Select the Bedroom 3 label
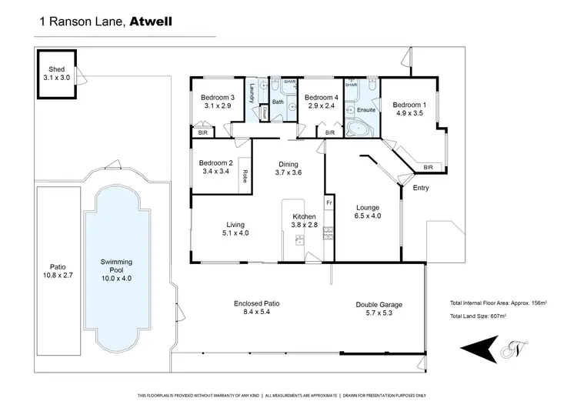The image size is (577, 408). tap(217, 97)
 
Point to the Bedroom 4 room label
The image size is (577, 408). tap(321, 98)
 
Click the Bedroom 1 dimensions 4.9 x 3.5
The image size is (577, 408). tap(409, 113)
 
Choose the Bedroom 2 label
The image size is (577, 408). tap(215, 162)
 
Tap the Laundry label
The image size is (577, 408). tap(252, 95)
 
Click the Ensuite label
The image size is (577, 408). tap(366, 110)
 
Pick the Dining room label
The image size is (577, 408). tap(288, 163)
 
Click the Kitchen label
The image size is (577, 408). tap(304, 216)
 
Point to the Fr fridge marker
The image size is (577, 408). tap(329, 202)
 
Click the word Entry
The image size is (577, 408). tap(421, 189)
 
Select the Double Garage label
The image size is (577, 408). tap(379, 304)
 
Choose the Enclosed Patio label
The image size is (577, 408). tap(256, 304)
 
